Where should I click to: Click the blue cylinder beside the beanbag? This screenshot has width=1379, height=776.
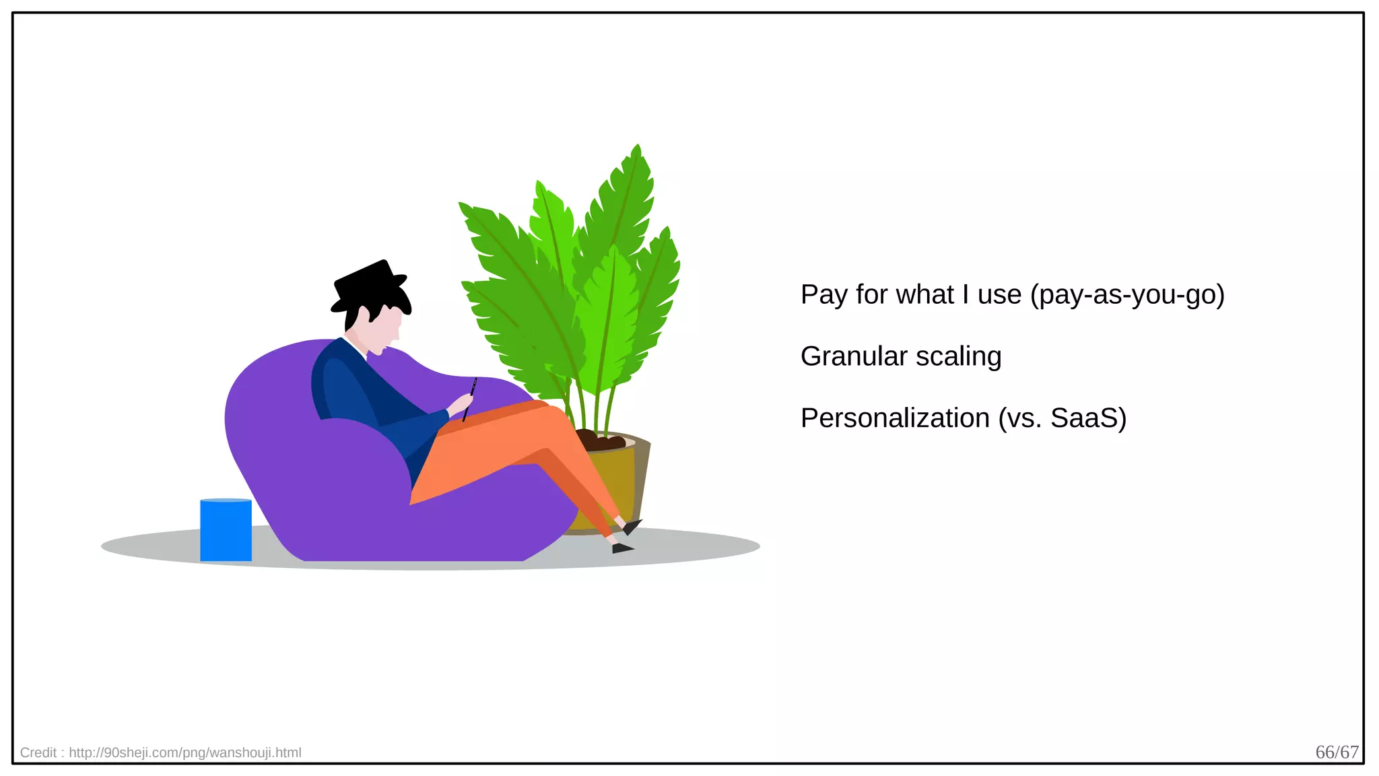(226, 530)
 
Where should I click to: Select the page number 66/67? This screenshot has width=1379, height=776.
(1337, 752)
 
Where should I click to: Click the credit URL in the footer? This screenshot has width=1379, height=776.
(184, 752)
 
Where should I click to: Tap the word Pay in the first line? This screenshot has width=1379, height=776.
(824, 295)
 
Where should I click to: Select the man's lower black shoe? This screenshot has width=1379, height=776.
(621, 548)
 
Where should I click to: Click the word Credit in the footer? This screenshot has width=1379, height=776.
(38, 752)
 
